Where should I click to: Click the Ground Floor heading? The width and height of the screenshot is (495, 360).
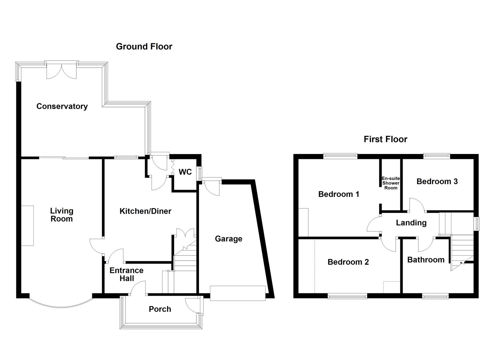144,47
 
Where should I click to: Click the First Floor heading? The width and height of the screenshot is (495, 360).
385,139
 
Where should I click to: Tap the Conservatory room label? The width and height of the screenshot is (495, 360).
62,106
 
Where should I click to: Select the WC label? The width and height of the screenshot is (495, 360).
185,172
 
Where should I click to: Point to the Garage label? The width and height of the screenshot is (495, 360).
228,239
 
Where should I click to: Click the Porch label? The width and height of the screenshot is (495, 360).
160,309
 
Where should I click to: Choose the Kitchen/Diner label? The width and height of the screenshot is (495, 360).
145,211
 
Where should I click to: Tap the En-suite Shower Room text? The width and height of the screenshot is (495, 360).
391,183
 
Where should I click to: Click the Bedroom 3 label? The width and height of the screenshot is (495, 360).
437,181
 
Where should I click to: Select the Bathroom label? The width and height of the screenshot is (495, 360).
426,260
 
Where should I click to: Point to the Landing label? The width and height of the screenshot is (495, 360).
411,223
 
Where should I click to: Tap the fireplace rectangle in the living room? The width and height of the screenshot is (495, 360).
28,226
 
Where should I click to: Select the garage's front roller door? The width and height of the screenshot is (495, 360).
238,293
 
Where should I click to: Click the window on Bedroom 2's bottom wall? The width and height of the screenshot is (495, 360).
347,296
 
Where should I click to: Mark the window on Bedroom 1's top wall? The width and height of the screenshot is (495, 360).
340,155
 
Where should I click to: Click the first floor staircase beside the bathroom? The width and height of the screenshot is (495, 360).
462,248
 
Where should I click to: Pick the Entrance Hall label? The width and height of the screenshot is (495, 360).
126,274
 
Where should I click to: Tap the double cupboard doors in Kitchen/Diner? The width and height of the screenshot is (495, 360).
185,233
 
